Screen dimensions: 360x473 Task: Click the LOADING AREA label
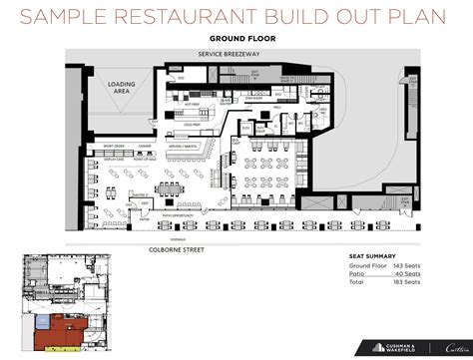click(122, 87)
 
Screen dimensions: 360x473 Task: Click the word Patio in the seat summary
click(356, 275)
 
